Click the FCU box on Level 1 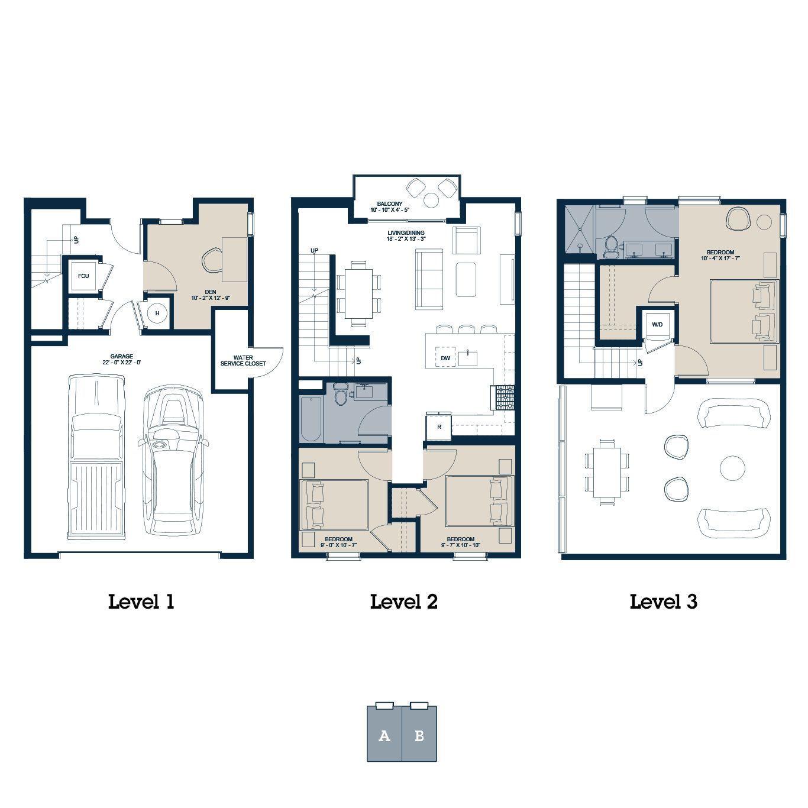(x=83, y=276)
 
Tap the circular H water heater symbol (x=157, y=313)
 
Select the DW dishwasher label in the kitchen (x=445, y=358)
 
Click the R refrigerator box (x=438, y=427)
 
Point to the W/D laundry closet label (x=657, y=325)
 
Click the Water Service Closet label (x=243, y=361)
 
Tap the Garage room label (x=122, y=360)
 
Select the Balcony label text (x=390, y=206)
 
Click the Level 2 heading (x=404, y=602)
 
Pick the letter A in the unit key (x=384, y=736)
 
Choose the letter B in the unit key (x=419, y=736)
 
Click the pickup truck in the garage (x=96, y=457)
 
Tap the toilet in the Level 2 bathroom (x=341, y=393)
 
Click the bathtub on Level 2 (x=311, y=418)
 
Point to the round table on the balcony (x=431, y=201)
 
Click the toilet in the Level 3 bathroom (x=610, y=247)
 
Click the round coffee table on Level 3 (x=732, y=468)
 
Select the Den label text (x=211, y=295)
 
